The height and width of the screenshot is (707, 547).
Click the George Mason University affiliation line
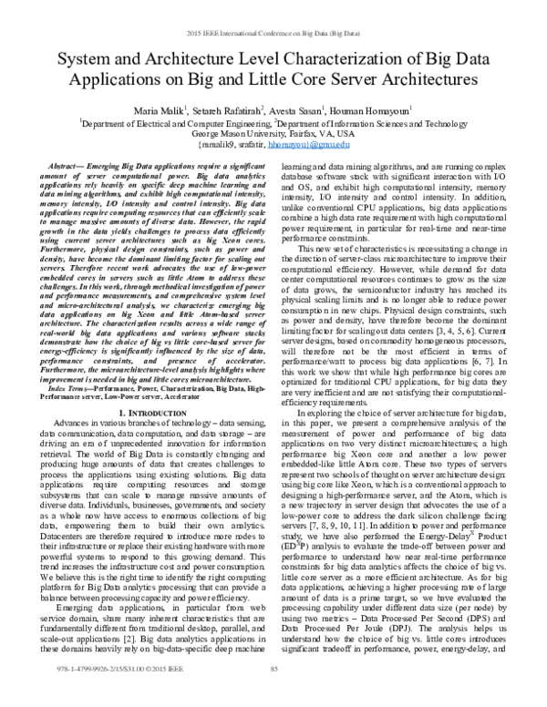tap(273, 132)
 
